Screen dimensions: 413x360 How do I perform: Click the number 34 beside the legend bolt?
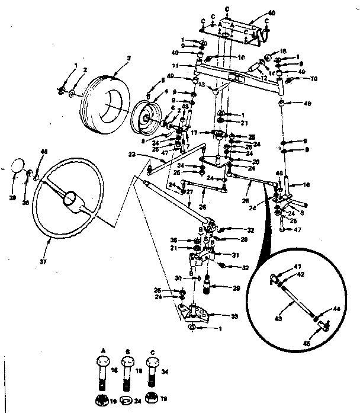coord(165,371)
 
